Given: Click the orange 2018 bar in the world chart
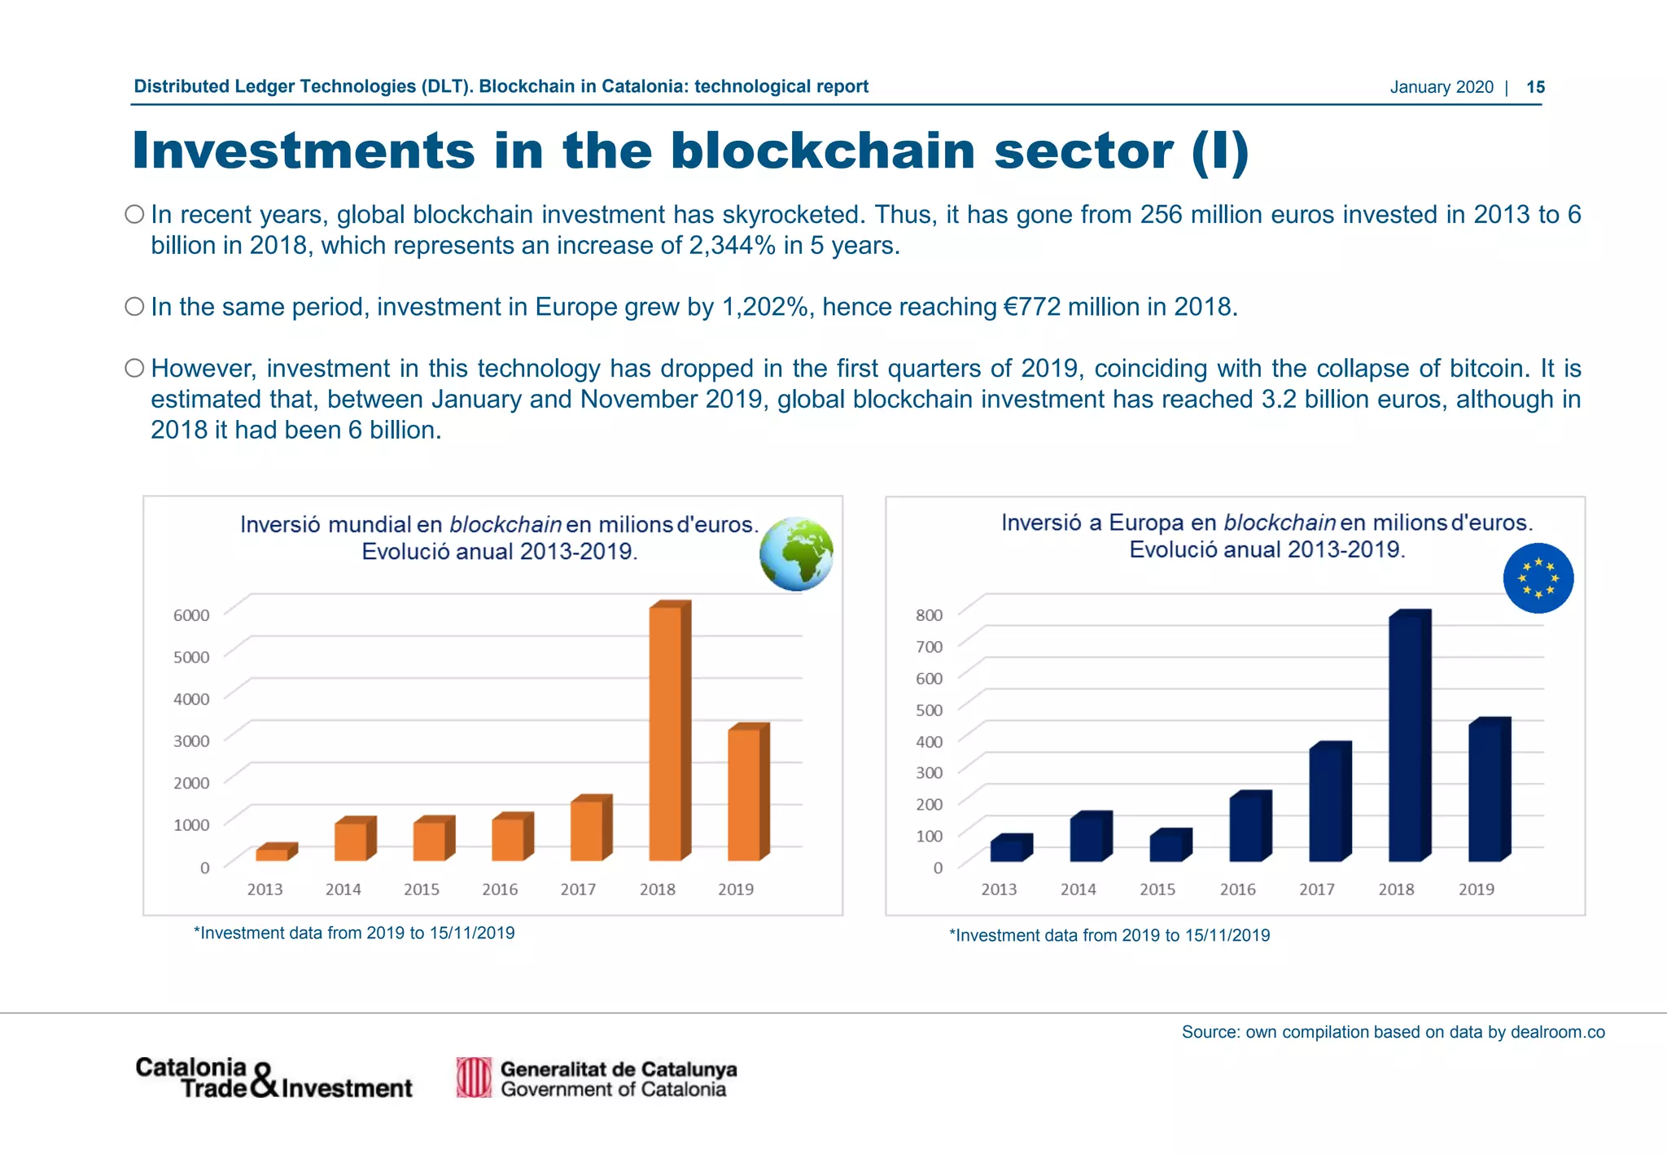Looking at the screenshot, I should tap(667, 732).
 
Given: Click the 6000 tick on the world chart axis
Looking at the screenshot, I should tap(191, 615).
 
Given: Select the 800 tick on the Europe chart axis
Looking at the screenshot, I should tap(929, 615).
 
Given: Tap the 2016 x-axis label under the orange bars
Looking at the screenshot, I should tap(500, 890).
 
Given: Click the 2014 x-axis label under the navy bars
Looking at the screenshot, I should tap(1078, 890).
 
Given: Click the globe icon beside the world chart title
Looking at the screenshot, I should tap(796, 553).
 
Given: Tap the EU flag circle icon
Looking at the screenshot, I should tap(1538, 578).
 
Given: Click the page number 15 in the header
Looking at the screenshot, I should tap(1535, 87).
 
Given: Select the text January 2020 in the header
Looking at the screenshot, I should tap(1442, 87).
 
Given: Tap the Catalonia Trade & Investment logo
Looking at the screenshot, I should tap(273, 1078).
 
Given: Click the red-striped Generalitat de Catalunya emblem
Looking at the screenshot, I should tap(474, 1078).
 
